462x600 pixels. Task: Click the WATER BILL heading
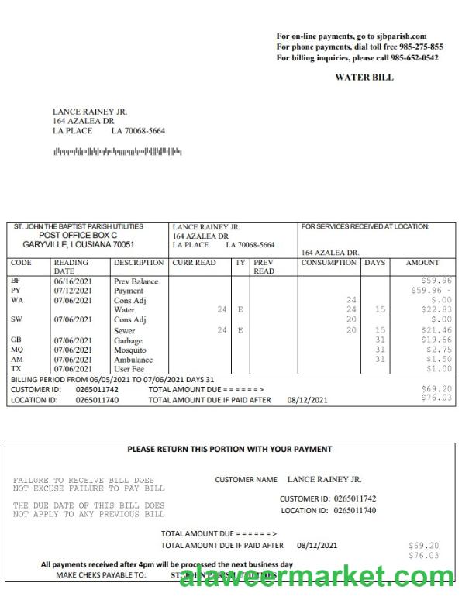[364, 78]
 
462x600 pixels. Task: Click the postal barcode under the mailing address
[117, 151]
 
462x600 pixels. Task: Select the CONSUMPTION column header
[329, 263]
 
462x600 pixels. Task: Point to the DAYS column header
[374, 263]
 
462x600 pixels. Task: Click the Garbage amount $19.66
[436, 340]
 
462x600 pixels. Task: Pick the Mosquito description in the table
[129, 350]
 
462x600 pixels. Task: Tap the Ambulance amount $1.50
[439, 359]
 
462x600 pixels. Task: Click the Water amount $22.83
[436, 309]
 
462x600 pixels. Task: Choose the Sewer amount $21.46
[436, 330]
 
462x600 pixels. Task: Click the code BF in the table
[16, 281]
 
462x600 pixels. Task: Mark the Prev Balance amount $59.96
[436, 280]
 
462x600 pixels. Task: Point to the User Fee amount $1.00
[439, 369]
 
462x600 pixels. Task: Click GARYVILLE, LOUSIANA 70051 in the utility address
[78, 244]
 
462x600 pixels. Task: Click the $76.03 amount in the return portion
[423, 556]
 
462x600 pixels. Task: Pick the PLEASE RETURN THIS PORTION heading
[229, 449]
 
